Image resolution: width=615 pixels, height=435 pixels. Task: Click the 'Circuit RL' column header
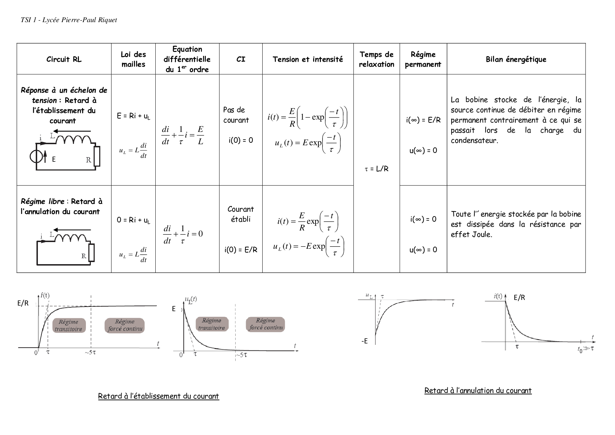[x=64, y=59]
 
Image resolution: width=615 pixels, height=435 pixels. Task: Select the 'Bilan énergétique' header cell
[x=516, y=59]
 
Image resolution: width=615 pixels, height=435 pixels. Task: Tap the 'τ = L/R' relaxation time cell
[x=377, y=169]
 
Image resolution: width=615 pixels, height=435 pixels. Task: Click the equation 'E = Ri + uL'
[x=133, y=116]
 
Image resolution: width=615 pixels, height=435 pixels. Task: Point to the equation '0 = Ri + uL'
[x=133, y=220]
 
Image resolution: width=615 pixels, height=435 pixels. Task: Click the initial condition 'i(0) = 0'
[x=241, y=140]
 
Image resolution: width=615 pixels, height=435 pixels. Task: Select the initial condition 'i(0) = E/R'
[x=241, y=250]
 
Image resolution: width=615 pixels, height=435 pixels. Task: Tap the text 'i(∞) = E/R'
[x=423, y=120]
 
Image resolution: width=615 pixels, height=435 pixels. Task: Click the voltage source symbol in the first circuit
[x=36, y=157]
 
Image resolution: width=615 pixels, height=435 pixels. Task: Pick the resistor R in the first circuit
[x=97, y=156]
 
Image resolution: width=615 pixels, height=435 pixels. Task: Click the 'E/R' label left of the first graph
[x=23, y=303]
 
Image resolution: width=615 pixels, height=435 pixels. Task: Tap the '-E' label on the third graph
[x=365, y=341]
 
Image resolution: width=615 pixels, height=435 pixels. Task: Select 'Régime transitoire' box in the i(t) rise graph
[x=68, y=325]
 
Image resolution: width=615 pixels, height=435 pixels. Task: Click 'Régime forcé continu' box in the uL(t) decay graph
[x=265, y=324]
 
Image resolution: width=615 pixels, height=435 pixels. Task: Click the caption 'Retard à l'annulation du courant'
[x=478, y=390]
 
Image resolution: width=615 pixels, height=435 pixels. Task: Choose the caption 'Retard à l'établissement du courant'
[x=158, y=396]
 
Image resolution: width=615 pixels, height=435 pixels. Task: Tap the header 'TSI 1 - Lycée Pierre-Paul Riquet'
[x=69, y=20]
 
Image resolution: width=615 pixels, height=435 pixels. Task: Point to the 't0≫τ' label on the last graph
[x=585, y=349]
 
